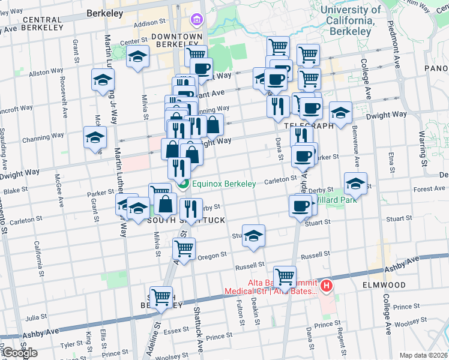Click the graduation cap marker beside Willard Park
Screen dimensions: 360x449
click(355, 184)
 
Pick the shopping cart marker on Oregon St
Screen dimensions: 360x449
click(184, 248)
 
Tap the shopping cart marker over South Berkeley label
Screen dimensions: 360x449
click(161, 297)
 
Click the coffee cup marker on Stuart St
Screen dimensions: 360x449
click(300, 206)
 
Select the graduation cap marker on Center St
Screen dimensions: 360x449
click(138, 58)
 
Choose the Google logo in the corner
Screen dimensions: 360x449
click(20, 353)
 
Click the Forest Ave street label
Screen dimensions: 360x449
click(429, 189)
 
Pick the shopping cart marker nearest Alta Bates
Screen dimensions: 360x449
click(285, 276)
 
